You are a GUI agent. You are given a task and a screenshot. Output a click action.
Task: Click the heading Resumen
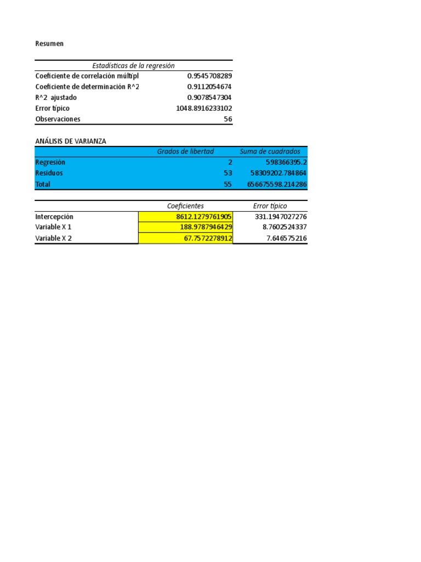click(49, 43)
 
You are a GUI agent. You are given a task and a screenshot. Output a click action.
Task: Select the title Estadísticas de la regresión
click(133, 65)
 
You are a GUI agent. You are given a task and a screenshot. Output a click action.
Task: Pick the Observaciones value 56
click(227, 119)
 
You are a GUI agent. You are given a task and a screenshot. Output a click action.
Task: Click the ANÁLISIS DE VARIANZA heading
click(71, 141)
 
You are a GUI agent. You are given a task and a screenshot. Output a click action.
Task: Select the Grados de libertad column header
click(185, 151)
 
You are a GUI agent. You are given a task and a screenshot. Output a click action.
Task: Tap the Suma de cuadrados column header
click(270, 151)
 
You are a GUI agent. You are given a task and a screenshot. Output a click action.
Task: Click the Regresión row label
click(50, 162)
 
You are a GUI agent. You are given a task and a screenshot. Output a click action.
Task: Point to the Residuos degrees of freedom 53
click(228, 173)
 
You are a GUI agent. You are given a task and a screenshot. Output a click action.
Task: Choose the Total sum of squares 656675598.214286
click(276, 184)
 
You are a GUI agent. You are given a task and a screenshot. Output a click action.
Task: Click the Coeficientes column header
click(185, 206)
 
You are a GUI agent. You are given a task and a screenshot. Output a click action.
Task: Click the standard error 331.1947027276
click(281, 217)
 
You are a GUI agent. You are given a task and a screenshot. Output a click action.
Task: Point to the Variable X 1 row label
click(53, 227)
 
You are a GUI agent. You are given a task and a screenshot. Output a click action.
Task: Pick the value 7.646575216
click(285, 238)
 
